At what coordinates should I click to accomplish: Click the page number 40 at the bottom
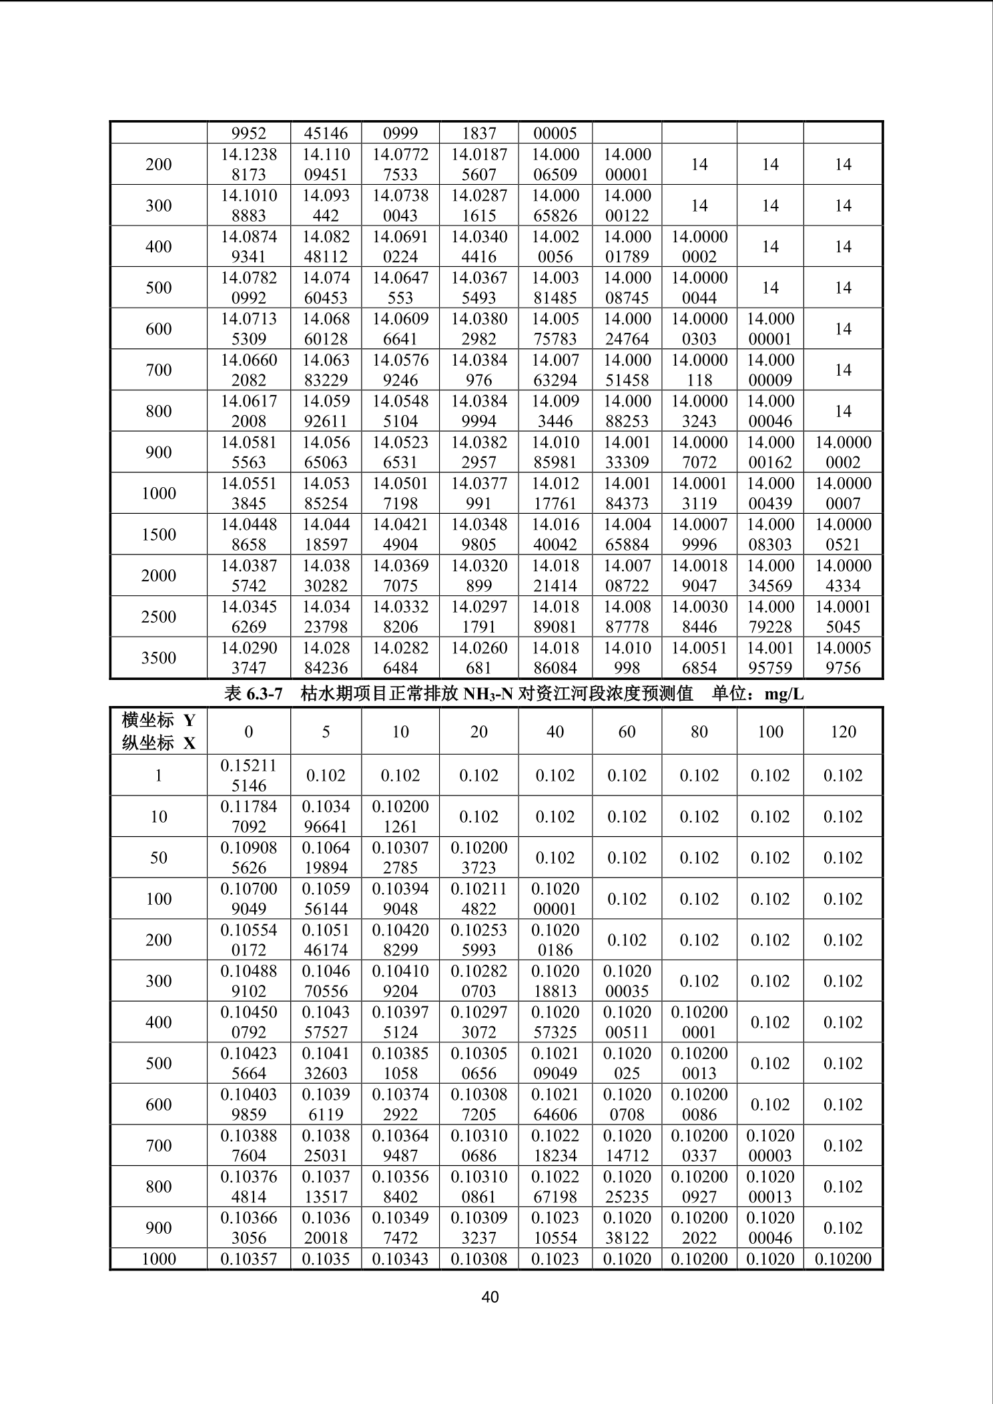tap(490, 1297)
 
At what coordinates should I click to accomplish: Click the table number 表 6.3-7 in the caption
tap(254, 694)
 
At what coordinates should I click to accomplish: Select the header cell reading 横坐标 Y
tap(159, 720)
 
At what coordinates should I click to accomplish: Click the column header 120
tap(843, 731)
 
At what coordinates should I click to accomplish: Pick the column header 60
tap(627, 731)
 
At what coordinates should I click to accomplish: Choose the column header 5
tap(326, 731)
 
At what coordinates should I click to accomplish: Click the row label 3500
tap(159, 658)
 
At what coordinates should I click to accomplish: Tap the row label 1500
tap(159, 535)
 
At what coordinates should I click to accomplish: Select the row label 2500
tap(159, 617)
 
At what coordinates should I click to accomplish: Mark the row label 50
tap(159, 857)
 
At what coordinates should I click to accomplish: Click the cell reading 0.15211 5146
tap(249, 775)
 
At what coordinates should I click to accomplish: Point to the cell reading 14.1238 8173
tap(249, 164)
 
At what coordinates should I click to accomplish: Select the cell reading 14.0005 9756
tap(843, 658)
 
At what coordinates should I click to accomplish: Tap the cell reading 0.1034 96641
tap(326, 817)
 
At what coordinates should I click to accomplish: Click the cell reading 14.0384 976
tap(478, 370)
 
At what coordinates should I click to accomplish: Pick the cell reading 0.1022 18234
tap(555, 1146)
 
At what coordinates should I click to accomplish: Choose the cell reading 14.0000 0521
tap(843, 535)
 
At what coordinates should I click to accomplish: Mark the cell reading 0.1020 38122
tap(627, 1228)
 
